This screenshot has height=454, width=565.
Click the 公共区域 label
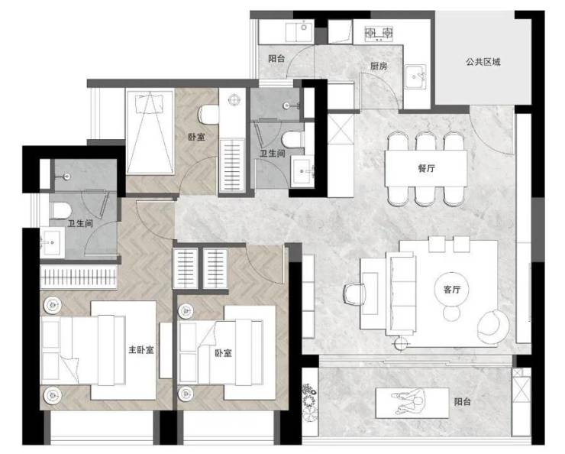[x=483, y=62]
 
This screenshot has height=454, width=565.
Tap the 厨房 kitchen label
[x=379, y=66]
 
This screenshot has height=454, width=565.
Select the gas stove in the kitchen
[x=379, y=34]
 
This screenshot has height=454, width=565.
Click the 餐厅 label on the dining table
[x=426, y=168]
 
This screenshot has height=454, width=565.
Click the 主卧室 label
[x=141, y=349]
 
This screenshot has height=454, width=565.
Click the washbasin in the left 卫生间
[x=53, y=242]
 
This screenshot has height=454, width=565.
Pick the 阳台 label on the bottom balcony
[x=462, y=402]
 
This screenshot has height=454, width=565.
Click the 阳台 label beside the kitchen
[x=276, y=58]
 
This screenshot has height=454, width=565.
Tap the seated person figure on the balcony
[x=410, y=403]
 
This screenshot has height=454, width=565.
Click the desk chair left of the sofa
[x=354, y=293]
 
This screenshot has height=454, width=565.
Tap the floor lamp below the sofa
[x=400, y=343]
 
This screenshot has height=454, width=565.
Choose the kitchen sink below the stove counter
[x=415, y=76]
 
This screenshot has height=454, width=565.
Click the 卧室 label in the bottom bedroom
[x=224, y=353]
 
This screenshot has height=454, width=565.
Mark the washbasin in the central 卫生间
[x=302, y=170]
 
